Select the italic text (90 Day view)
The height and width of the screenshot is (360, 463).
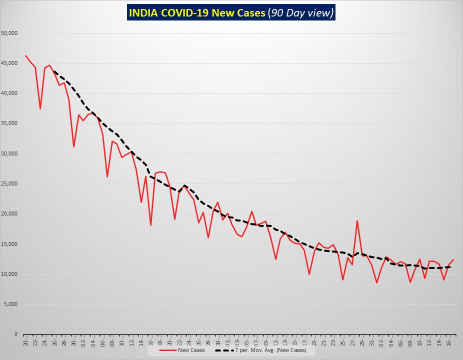click(301, 13)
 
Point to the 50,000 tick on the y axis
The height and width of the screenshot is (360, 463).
click(10, 33)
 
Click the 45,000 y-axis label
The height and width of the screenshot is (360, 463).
click(10, 63)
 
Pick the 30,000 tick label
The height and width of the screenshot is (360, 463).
click(10, 154)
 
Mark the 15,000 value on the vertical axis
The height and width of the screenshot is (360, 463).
click(10, 244)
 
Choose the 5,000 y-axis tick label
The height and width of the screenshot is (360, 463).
click(11, 304)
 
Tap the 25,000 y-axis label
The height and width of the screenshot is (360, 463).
click(10, 184)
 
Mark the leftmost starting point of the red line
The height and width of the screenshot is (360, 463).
click(25, 55)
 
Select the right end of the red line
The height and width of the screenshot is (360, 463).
click(453, 259)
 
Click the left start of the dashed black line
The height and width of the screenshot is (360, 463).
click(54, 71)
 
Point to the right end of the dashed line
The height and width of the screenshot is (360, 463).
click(450, 266)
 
